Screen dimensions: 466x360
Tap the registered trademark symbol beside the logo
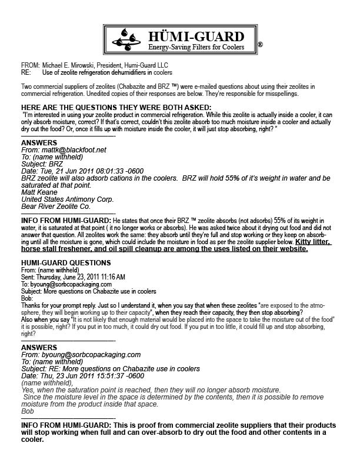point(260,45)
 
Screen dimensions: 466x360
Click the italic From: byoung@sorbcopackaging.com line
point(81,355)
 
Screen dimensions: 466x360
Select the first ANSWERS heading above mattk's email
point(39,143)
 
